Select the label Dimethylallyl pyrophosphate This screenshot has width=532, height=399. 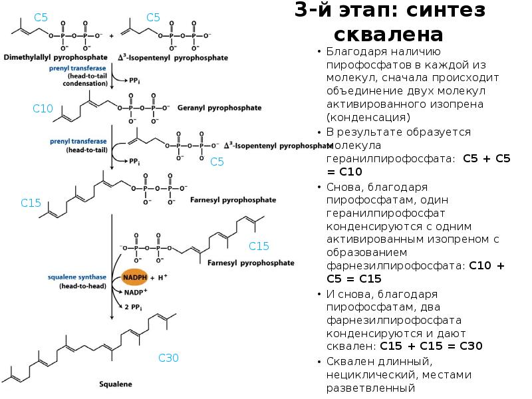53,59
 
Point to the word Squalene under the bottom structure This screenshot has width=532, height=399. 116,384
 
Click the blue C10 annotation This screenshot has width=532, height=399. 43,108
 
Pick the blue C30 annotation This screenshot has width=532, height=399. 168,358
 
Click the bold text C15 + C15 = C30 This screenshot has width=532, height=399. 431,346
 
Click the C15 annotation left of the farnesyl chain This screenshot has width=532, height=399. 31,203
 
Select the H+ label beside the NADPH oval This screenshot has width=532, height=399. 162,277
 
